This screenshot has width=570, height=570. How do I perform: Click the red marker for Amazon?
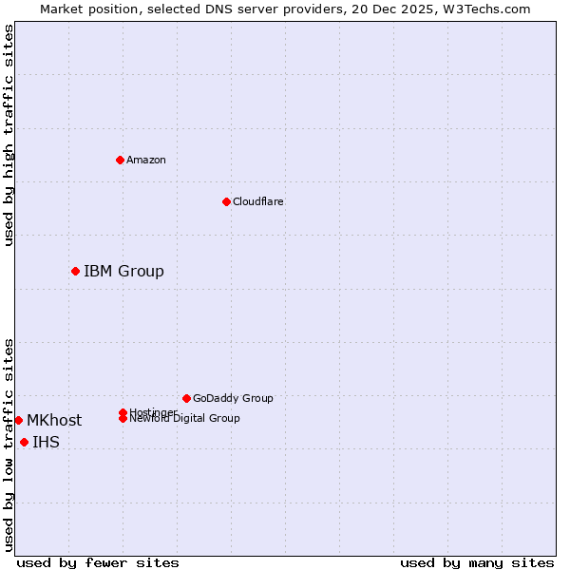pos(120,160)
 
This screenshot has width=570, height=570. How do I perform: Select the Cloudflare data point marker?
pos(226,201)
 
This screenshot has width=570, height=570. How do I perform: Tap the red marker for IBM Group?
pos(75,271)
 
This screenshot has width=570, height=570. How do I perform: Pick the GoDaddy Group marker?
pos(186,398)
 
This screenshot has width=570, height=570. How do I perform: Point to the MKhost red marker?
pos(18,420)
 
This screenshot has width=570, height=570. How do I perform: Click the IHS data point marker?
pos(24,442)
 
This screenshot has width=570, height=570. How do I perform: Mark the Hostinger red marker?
pos(123,412)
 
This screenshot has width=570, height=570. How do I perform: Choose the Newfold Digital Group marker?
pos(123,419)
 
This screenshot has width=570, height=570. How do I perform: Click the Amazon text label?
pos(146,161)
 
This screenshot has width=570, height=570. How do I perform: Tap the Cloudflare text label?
pos(257,202)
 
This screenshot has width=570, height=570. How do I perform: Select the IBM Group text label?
pos(123,272)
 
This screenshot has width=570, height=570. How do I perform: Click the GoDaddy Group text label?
pos(233,399)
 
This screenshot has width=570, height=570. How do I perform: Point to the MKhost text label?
pos(54,421)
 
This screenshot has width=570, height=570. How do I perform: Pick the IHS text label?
pos(46,443)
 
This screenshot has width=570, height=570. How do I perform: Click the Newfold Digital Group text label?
pos(184,419)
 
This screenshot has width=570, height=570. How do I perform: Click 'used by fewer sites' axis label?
pos(98,562)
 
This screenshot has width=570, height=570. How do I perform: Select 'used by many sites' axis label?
pos(477,562)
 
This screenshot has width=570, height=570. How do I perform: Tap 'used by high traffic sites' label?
pos(9,135)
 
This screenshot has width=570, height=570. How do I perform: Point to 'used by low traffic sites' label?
pos(9,445)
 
